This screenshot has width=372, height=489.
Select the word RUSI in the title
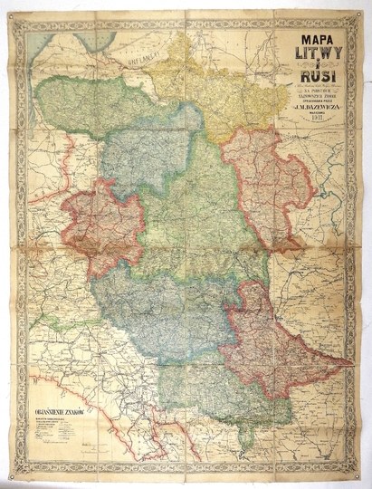pos(317,76)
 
